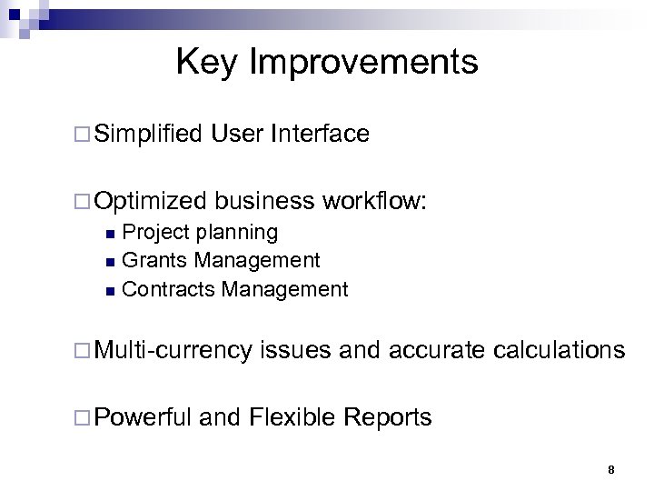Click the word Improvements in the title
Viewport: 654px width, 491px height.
pyautogui.click(x=362, y=63)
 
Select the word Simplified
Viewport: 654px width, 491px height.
pyautogui.click(x=147, y=135)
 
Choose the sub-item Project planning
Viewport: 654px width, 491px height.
pyautogui.click(x=200, y=233)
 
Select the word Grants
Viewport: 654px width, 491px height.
pyautogui.click(x=154, y=261)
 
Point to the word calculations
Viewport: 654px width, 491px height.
pyautogui.click(x=557, y=350)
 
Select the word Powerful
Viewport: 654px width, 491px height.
pyautogui.click(x=143, y=417)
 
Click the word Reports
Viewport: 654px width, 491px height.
pyautogui.click(x=388, y=417)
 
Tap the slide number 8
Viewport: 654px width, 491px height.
pyautogui.click(x=610, y=470)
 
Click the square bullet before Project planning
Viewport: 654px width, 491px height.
pyautogui.click(x=110, y=234)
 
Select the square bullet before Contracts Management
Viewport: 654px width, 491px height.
pyautogui.click(x=110, y=291)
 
